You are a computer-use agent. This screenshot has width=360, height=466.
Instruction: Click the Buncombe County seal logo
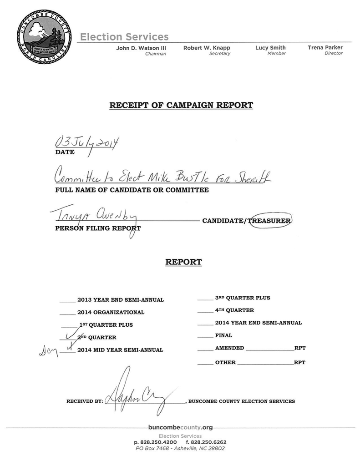[44, 36]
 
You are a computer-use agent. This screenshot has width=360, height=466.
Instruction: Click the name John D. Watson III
[141, 48]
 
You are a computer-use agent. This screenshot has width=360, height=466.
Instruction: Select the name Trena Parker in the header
[325, 47]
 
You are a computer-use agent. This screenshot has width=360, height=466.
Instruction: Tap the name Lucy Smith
[270, 48]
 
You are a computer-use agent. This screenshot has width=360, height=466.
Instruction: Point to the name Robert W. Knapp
[207, 48]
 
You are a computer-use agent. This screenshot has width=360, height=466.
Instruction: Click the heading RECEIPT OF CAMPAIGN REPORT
[181, 105]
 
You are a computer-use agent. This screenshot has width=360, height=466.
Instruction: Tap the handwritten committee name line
[162, 176]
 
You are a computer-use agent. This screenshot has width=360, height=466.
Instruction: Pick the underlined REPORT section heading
[183, 262]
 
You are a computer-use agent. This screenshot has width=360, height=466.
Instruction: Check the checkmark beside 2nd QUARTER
[70, 336]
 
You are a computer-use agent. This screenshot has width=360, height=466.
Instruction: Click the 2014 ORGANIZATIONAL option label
[111, 313]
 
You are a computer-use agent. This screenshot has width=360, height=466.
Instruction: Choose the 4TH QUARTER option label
[234, 310]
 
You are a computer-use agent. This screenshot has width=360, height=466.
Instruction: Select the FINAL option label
[223, 335]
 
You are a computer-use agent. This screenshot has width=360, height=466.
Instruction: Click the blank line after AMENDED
[269, 349]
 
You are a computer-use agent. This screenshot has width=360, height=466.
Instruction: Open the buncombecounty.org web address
[180, 427]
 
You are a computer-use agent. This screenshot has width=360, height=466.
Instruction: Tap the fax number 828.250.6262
[206, 442]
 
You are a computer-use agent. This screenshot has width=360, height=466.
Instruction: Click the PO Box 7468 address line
[180, 448]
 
